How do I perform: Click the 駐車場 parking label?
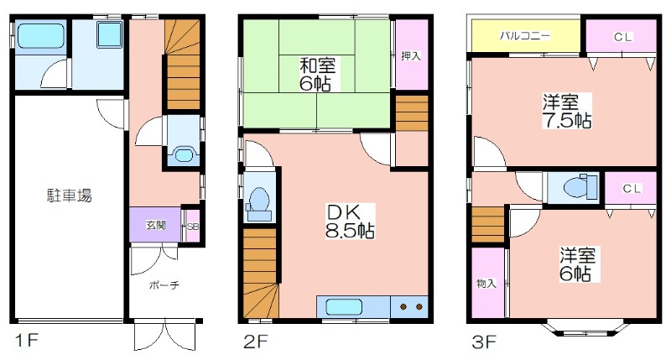[69, 196]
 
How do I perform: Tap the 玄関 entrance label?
[156, 225]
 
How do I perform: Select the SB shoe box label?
[193, 227]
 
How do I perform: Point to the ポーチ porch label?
[164, 285]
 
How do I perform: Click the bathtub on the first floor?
[40, 36]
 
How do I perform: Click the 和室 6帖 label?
[317, 75]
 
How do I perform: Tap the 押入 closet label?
[411, 55]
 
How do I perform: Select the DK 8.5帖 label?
[350, 222]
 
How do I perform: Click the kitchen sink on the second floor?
[344, 307]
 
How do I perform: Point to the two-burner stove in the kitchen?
[410, 307]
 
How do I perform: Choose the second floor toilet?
[259, 201]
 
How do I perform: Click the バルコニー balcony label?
[525, 35]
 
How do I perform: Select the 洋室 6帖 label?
[577, 264]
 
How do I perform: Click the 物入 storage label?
[486, 283]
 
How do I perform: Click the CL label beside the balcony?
[622, 37]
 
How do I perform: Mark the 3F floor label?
[484, 342]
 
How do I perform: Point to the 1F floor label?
[27, 341]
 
